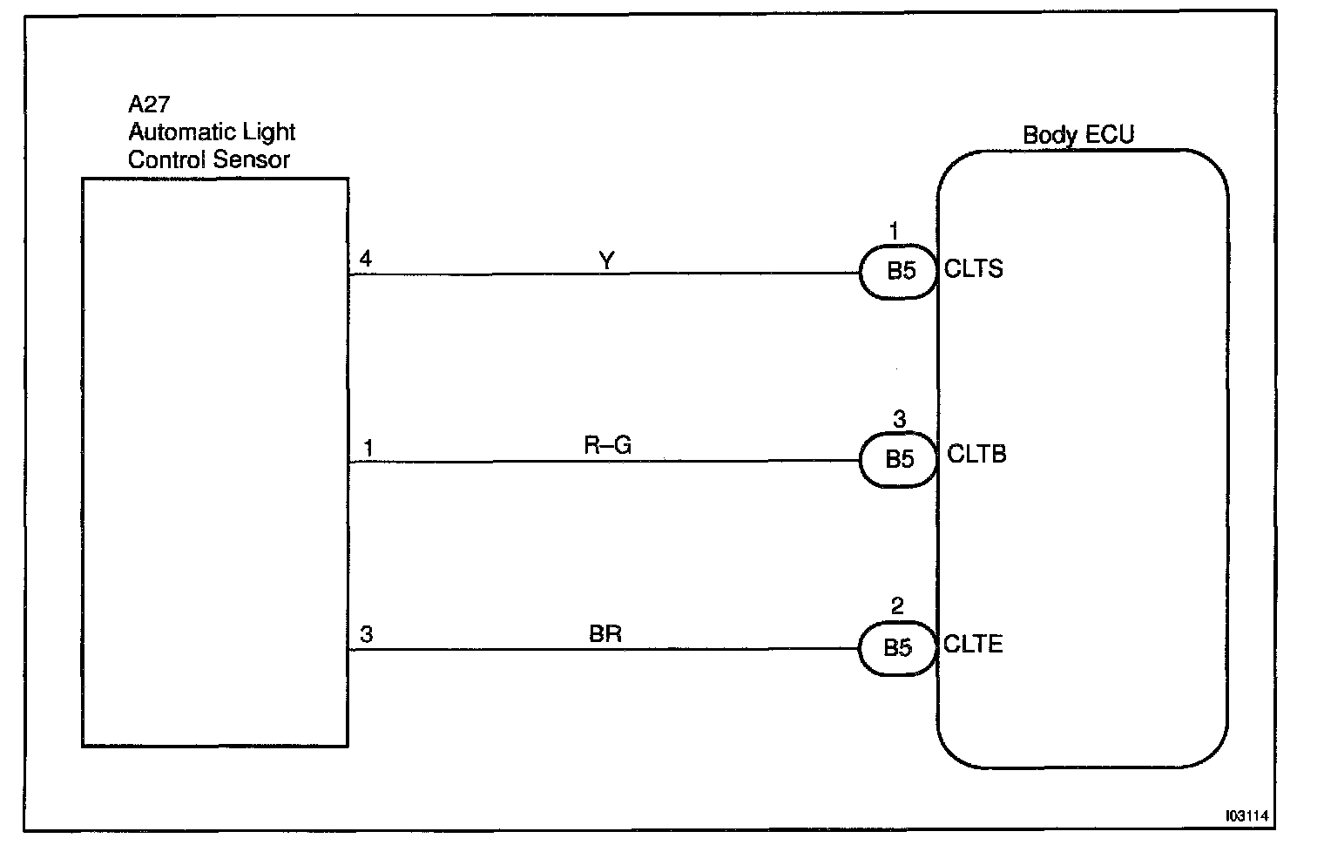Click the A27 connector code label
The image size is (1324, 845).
pos(149,105)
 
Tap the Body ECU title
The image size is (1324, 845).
pos(1078,135)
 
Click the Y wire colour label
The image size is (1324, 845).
pos(607,260)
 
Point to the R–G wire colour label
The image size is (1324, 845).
pos(607,445)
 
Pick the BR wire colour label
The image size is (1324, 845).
pos(605,634)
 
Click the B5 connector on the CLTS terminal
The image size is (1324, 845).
pos(901,272)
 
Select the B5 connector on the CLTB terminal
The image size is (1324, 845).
pos(900,459)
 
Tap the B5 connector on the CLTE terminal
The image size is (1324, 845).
pos(898,648)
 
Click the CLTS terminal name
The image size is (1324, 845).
pos(974,268)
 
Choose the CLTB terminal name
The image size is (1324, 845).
pos(976,454)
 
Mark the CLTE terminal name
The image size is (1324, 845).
pos(974,644)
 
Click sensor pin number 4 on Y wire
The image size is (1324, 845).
pos(366,259)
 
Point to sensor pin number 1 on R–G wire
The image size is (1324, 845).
pos(368,448)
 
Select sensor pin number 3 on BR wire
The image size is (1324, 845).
pos(367,635)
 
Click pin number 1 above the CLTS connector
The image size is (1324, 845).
pos(894,232)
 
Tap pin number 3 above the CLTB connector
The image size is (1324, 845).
pos(899,420)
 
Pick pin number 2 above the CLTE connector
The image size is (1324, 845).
pos(898,606)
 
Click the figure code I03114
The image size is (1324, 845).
pos(1247,816)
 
